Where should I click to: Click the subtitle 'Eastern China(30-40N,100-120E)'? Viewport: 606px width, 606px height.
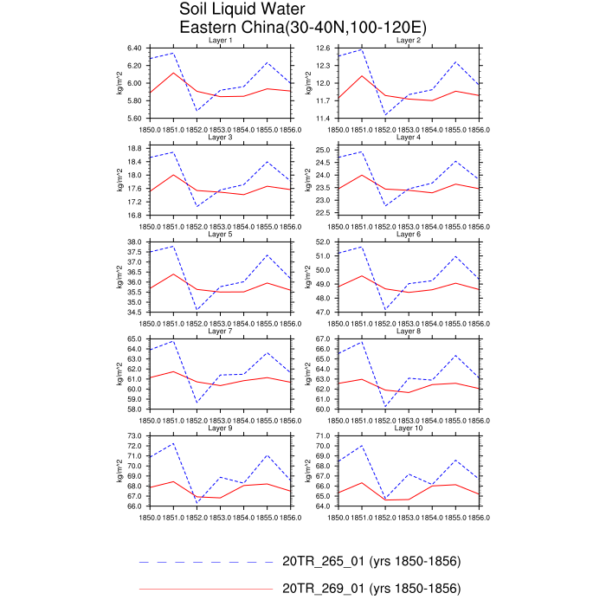(302, 28)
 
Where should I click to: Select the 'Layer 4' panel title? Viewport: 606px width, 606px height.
(408, 138)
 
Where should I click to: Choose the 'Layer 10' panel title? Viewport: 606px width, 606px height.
(408, 428)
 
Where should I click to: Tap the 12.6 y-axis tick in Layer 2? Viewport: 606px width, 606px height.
(327, 48)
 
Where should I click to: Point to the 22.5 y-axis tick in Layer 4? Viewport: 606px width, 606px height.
(327, 212)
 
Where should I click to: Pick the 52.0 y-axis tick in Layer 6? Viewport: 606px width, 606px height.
(327, 242)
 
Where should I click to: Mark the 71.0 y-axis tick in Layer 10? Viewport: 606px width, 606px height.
(327, 436)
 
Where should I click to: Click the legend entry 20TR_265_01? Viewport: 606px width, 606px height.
(371, 562)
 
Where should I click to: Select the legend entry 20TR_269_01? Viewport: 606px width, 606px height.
(371, 589)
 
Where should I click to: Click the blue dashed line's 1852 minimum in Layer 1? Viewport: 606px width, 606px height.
(174, 111)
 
